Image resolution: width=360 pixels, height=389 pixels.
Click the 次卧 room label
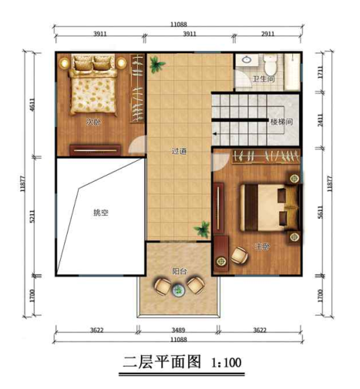(x=93, y=122)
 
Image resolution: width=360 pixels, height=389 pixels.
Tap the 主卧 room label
(x=262, y=246)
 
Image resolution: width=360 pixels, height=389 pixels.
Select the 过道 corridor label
(x=178, y=152)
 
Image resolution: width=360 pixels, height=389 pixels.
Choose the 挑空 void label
(x=101, y=212)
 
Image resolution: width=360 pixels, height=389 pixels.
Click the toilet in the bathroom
(x=264, y=62)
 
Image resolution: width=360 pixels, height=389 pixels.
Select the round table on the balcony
(x=179, y=289)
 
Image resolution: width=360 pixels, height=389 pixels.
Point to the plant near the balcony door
(x=203, y=228)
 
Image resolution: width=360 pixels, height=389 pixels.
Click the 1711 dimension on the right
(x=319, y=72)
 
